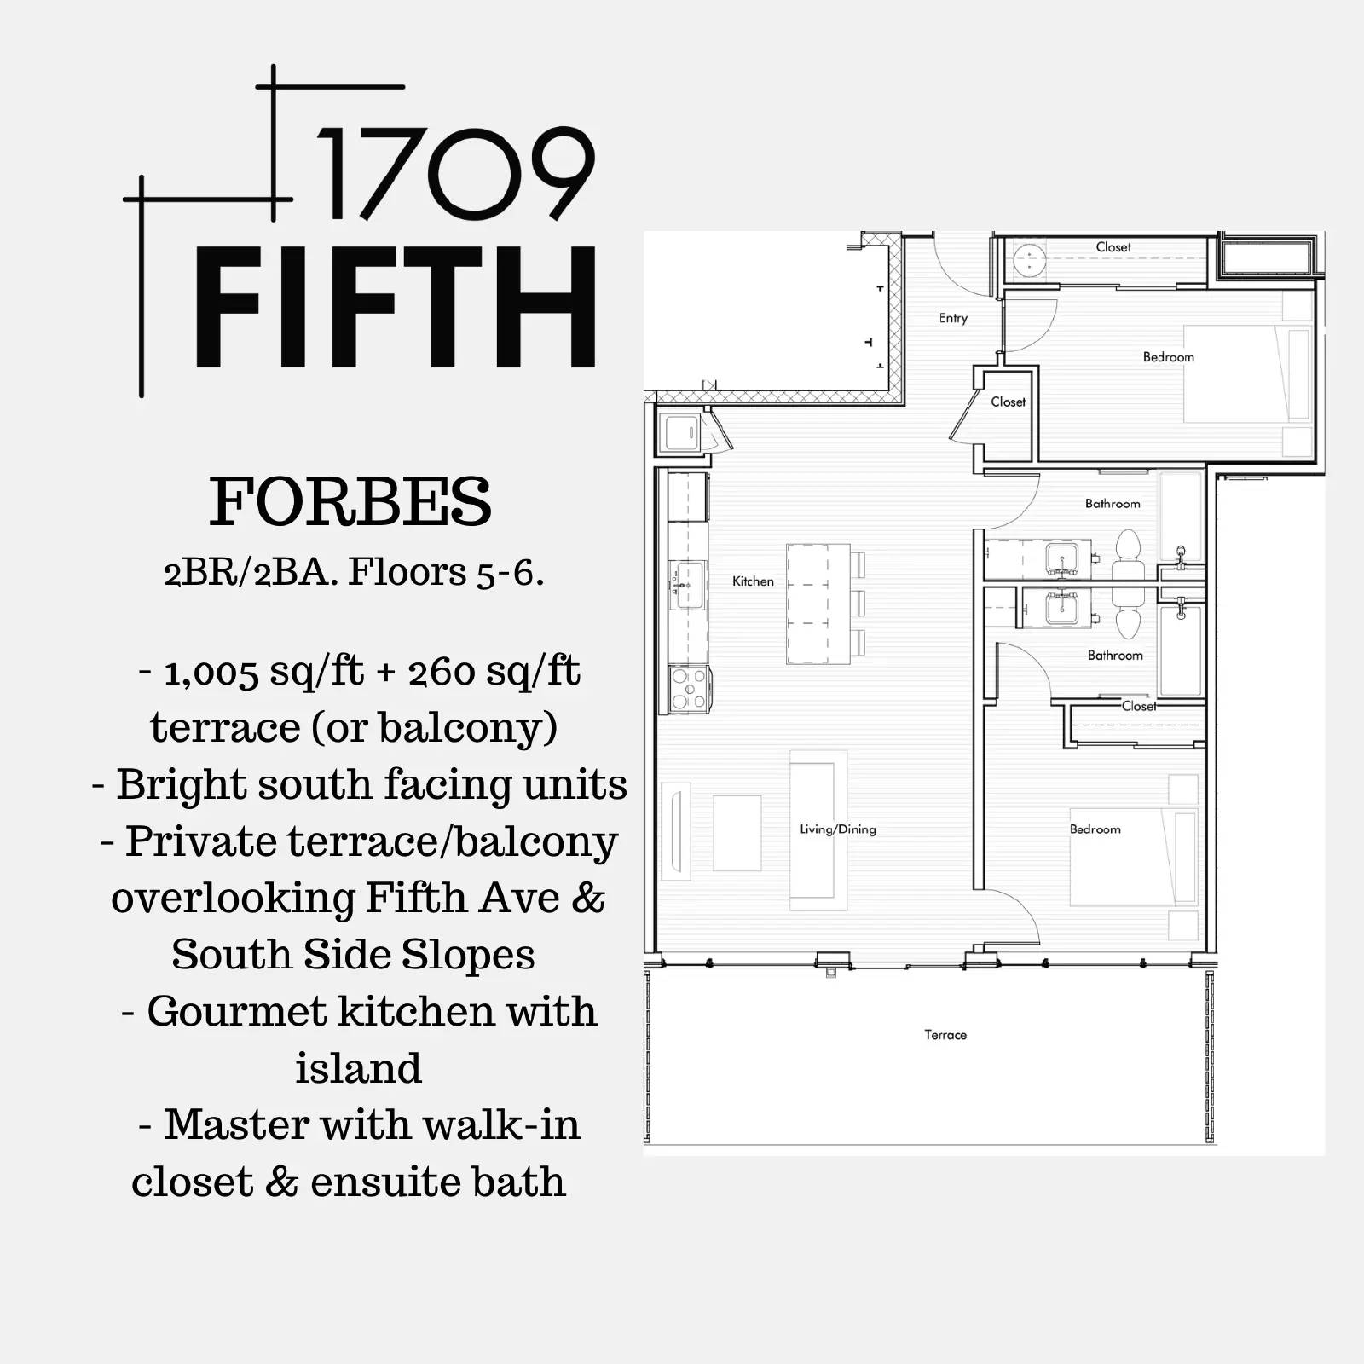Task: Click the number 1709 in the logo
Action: [x=456, y=175]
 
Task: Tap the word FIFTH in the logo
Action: [x=396, y=308]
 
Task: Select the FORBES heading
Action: [x=350, y=501]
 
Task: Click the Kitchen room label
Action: [x=753, y=581]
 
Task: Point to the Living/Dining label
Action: [x=838, y=829]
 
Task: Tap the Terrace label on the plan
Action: [x=945, y=1035]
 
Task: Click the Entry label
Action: [x=953, y=318]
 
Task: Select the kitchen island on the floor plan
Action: [x=818, y=604]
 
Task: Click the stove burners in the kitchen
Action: [x=690, y=689]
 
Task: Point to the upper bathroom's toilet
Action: [x=1128, y=555]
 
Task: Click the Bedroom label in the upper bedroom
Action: [x=1168, y=357]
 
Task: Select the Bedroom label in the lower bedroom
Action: [x=1095, y=829]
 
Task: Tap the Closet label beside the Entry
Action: [x=1008, y=402]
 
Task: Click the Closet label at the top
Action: [x=1113, y=247]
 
